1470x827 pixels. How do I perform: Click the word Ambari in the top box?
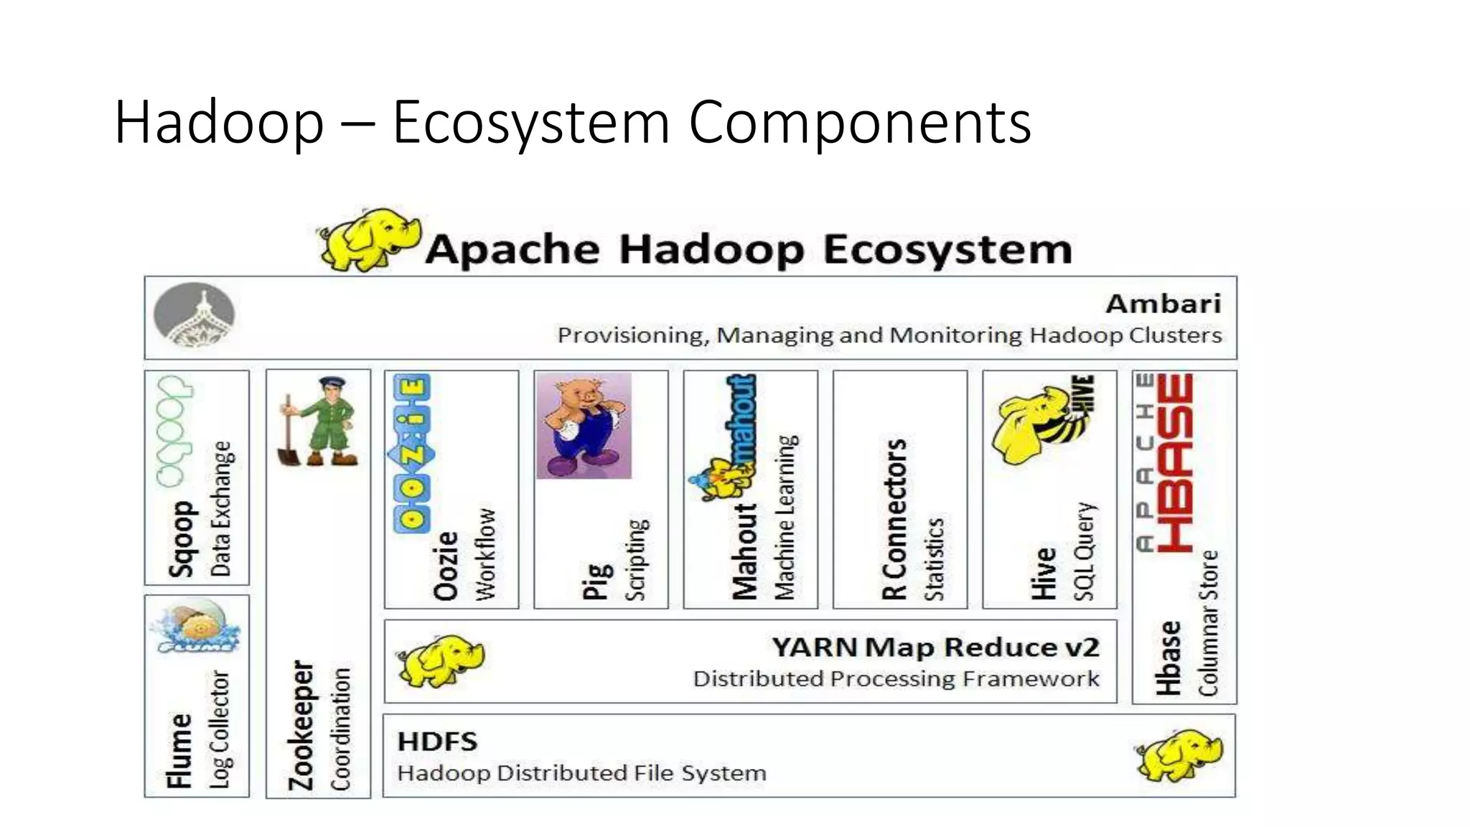tap(1163, 304)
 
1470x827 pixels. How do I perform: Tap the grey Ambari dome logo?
tap(194, 314)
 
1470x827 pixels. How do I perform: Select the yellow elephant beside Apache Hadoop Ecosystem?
tap(367, 240)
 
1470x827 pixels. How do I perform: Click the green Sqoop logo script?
tap(174, 431)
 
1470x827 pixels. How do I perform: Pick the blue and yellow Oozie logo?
tap(413, 452)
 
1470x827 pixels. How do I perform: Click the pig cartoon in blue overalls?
tap(584, 426)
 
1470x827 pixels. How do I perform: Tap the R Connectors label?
tap(894, 519)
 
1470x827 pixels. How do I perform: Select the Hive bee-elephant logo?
tap(1044, 421)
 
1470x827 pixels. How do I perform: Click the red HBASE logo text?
tap(1175, 462)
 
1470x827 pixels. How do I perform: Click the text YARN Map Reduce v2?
tap(935, 648)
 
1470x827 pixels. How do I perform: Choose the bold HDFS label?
tap(437, 742)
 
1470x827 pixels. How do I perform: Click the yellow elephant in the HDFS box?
tap(1180, 755)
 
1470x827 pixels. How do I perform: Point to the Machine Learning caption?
tap(786, 517)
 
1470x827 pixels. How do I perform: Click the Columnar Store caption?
tap(1209, 623)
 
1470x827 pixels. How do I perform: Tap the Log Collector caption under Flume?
tap(220, 729)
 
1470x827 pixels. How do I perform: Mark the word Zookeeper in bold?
tap(301, 725)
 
